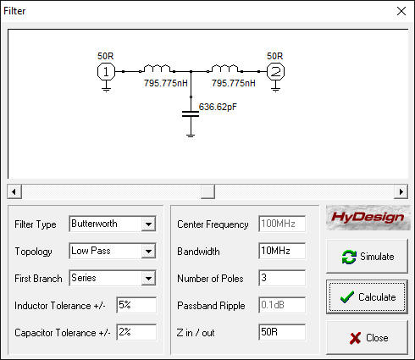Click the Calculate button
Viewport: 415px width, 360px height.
[367, 296]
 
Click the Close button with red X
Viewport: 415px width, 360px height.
[367, 338]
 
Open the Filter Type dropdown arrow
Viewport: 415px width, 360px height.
[148, 224]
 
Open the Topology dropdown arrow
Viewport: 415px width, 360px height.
[148, 252]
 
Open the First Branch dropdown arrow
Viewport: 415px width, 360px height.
[148, 279]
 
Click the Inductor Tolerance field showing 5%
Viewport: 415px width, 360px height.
[136, 305]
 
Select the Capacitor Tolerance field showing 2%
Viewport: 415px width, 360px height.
[136, 332]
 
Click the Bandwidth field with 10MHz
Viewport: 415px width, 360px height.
[282, 251]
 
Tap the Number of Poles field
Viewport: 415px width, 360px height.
[282, 278]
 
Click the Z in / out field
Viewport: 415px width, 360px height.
[282, 332]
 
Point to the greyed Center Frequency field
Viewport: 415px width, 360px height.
[282, 224]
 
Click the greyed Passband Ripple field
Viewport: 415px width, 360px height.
[282, 305]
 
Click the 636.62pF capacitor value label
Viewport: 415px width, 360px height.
[218, 107]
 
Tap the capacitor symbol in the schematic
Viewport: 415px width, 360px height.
[191, 114]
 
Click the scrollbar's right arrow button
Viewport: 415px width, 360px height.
[401, 191]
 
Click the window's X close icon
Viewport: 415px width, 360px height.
[401, 11]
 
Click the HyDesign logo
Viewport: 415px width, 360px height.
[368, 218]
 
